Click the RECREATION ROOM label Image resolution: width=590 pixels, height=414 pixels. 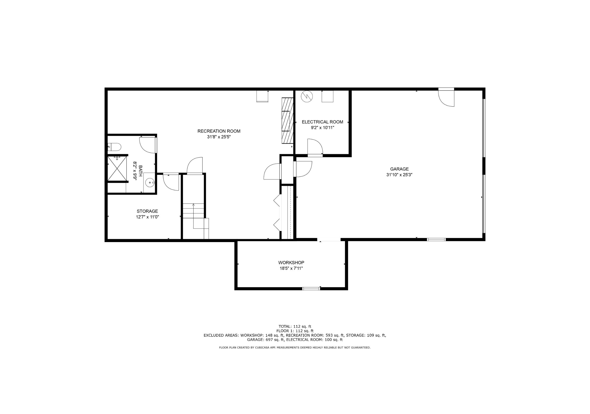click(219, 131)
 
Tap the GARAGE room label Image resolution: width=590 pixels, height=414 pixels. click(399, 169)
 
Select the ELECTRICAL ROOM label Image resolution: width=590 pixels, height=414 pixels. click(322, 122)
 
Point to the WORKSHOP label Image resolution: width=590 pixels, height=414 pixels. click(291, 262)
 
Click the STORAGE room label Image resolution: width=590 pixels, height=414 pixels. click(147, 211)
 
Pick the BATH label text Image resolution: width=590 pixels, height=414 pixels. click(140, 171)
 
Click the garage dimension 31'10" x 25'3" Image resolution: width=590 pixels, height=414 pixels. click(399, 175)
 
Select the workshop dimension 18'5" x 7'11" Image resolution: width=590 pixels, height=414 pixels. click(291, 268)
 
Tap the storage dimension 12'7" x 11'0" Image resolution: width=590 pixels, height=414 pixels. click(147, 217)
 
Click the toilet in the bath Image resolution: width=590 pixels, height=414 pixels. click(114, 147)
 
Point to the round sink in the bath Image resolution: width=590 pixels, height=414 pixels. click(149, 183)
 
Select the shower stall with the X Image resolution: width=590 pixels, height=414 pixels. click(117, 168)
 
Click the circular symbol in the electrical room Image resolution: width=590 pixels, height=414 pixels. click(307, 96)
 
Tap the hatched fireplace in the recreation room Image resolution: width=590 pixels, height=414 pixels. click(288, 120)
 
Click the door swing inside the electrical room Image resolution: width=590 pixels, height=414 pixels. click(315, 147)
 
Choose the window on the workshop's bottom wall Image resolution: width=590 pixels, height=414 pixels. click(311, 288)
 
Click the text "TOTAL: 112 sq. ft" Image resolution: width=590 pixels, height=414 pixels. click(295, 326)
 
